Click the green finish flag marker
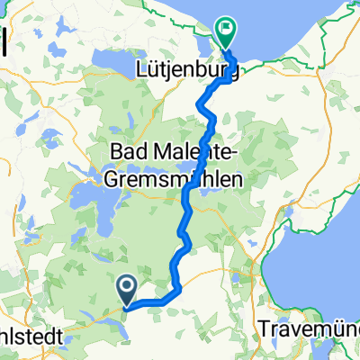224,32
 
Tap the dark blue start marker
127,289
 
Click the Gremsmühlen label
181,178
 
